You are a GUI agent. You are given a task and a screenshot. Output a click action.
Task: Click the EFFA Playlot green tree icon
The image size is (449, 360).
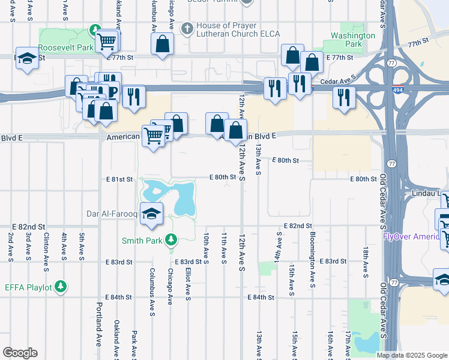click(61, 287)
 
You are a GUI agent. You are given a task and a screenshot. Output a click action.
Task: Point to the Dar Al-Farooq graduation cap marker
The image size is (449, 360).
click(152, 215)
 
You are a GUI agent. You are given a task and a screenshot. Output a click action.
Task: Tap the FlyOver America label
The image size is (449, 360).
click(415, 236)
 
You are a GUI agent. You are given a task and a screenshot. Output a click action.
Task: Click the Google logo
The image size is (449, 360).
click(20, 353)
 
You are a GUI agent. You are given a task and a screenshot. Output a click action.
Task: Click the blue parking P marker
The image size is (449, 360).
click(112, 91)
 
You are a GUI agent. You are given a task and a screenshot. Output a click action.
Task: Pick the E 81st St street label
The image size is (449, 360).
click(119, 179)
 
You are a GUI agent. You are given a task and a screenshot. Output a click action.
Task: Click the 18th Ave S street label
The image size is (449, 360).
click(365, 262)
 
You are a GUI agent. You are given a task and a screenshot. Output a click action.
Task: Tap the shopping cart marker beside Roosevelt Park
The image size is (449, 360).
click(107, 41)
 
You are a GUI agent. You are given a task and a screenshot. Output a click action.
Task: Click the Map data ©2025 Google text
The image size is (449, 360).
click(412, 355)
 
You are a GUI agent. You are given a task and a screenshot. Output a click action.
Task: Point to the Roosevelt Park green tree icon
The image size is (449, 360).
click(94, 29)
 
